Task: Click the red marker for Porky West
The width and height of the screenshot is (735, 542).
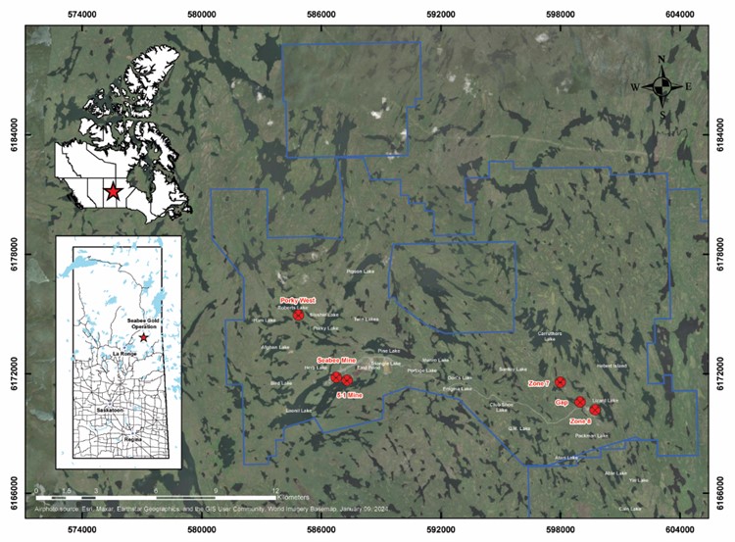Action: click(299, 315)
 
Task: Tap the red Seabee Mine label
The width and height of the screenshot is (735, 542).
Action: click(333, 360)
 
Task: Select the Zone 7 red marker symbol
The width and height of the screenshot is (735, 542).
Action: click(561, 382)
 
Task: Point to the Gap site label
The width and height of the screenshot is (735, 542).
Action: click(562, 403)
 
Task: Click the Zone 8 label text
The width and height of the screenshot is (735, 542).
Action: click(580, 420)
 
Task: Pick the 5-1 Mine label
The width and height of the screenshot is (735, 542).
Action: click(349, 394)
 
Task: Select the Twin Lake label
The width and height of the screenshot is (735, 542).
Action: click(365, 320)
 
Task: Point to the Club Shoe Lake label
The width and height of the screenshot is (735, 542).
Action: click(501, 407)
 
